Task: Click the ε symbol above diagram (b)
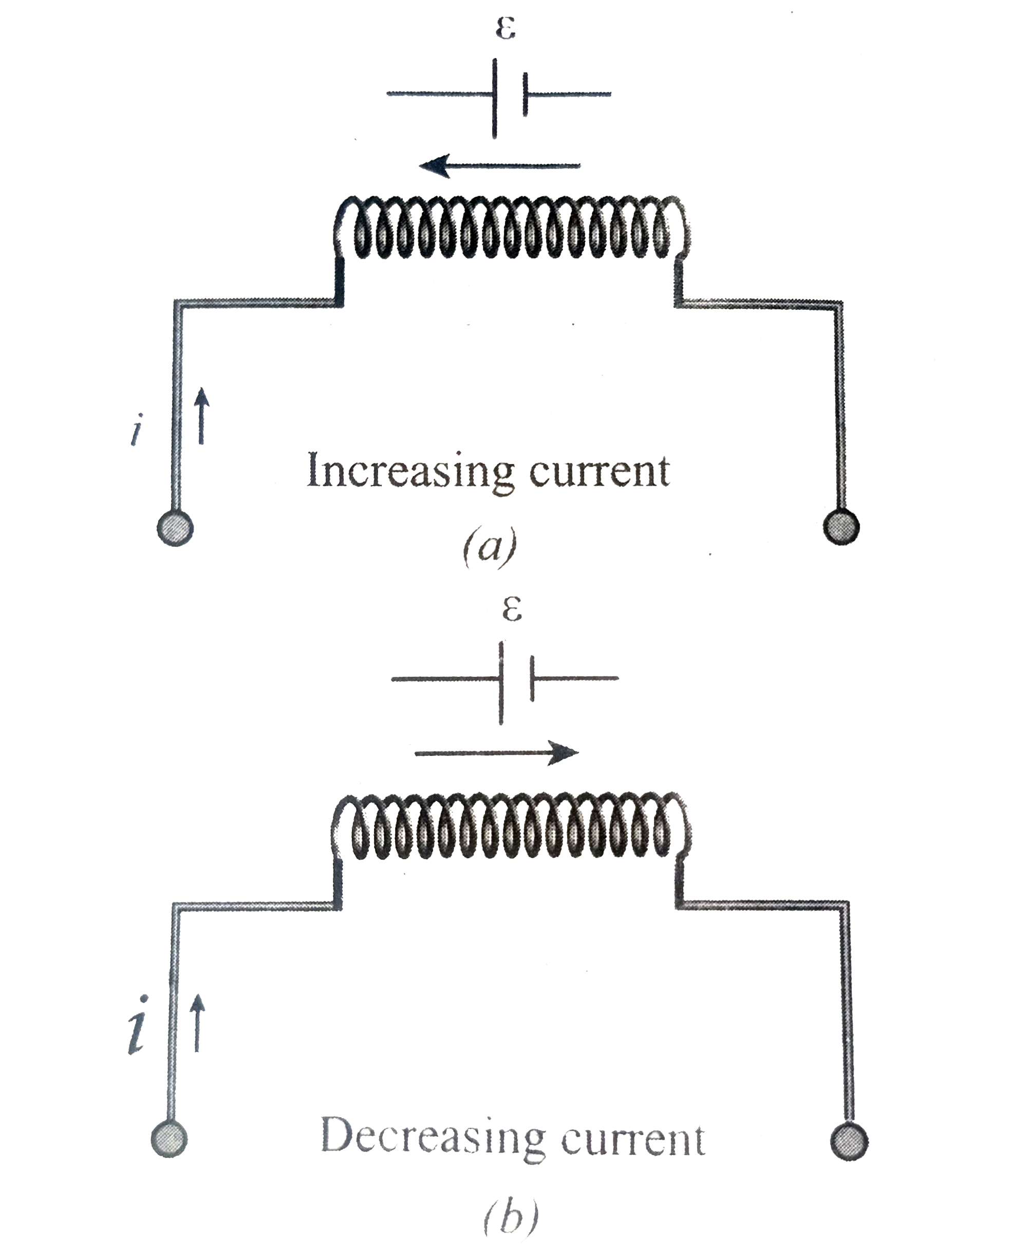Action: point(512,610)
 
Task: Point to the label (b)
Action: point(511,1216)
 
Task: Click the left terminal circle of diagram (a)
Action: point(175,528)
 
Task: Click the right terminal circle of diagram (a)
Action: point(841,527)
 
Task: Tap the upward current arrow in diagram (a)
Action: point(201,416)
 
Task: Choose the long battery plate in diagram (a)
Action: point(495,98)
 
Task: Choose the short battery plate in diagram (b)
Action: point(532,679)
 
